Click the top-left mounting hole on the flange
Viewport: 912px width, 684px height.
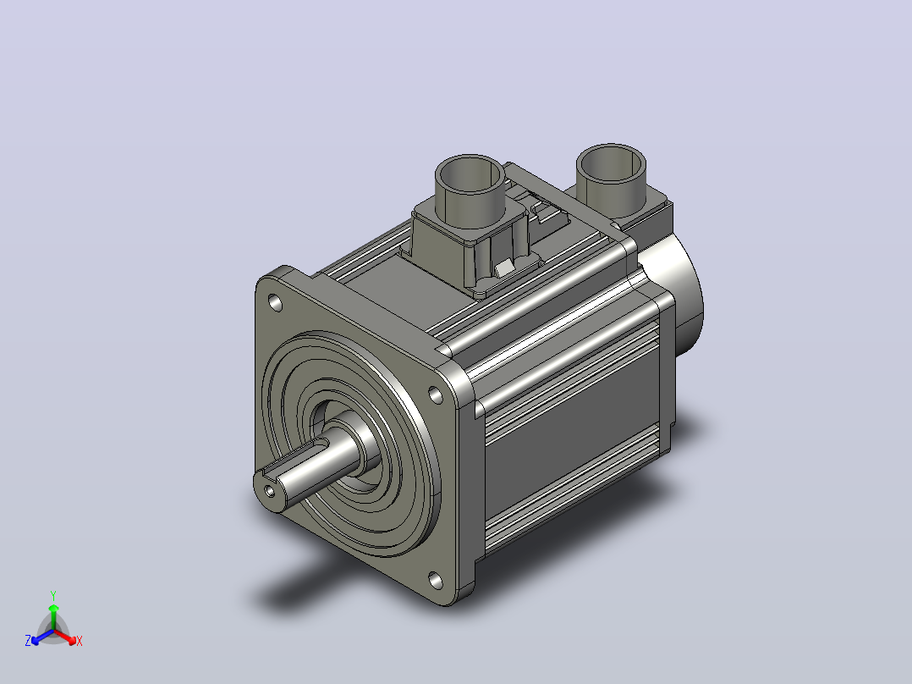[275, 303]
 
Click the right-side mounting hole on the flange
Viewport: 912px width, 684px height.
[435, 394]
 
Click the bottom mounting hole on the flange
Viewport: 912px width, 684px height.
[435, 579]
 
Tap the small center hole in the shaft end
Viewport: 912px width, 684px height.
[270, 491]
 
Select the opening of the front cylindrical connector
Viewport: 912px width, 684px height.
[470, 174]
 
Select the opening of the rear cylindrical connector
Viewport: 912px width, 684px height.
[612, 163]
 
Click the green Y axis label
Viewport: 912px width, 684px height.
[53, 595]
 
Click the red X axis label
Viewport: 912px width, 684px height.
[80, 641]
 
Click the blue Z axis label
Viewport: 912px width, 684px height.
[28, 641]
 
